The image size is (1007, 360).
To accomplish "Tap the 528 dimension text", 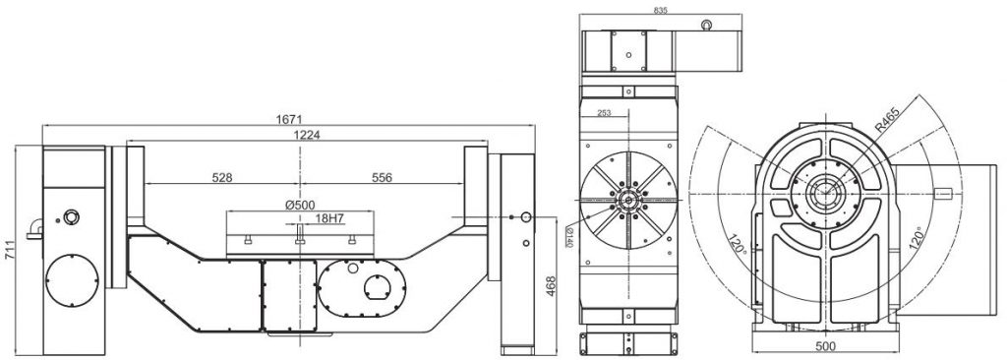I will point(223,178).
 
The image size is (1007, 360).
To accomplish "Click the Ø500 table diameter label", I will point(298,204).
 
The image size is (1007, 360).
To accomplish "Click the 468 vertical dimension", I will point(552,284).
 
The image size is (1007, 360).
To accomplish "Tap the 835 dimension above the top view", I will point(660,10).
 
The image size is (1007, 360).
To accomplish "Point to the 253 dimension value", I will point(603,113).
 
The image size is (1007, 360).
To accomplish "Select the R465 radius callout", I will point(886,123).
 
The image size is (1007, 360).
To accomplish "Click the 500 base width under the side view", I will point(825,347).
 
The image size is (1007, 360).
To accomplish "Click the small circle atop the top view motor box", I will point(707,25).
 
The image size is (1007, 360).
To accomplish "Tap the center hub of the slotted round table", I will point(626,200).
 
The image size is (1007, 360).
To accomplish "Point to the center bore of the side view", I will point(824,194).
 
